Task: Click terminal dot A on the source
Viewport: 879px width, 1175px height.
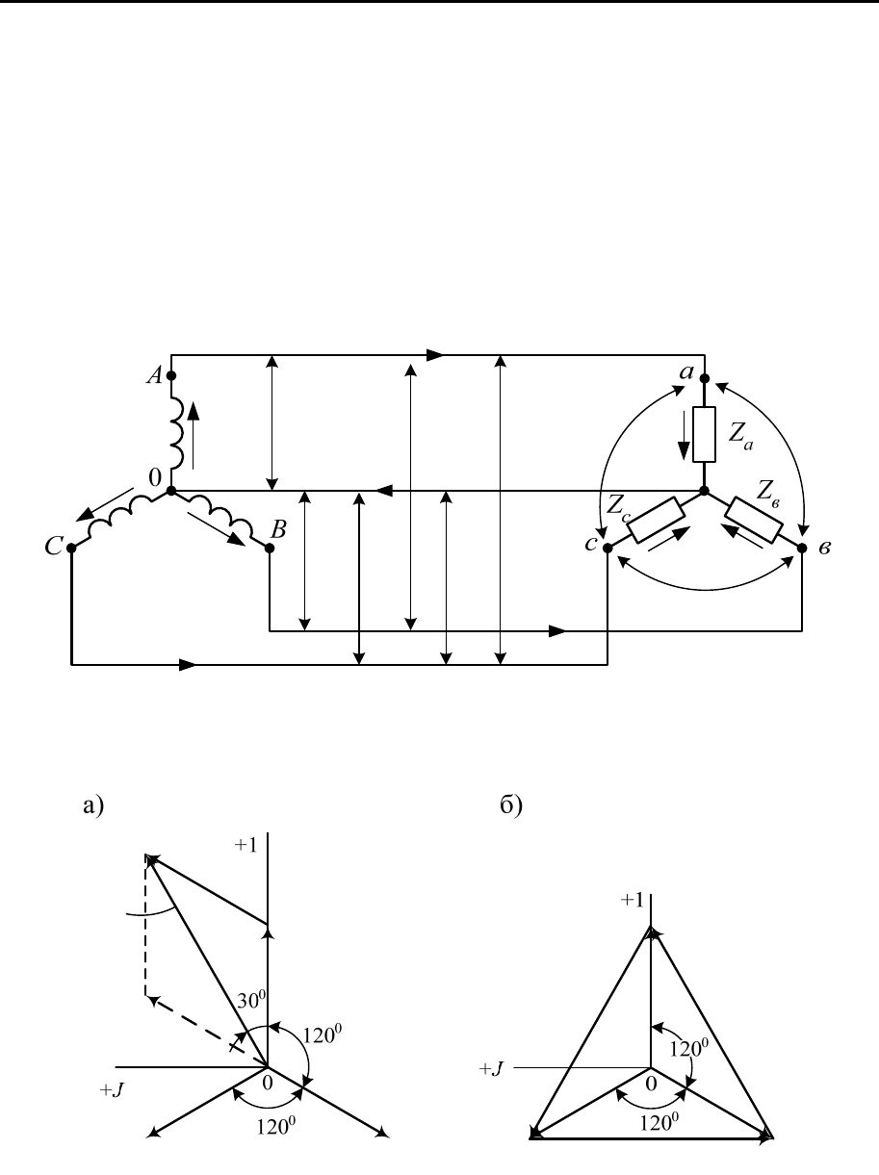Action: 171,375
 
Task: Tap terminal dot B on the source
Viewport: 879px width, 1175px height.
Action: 270,548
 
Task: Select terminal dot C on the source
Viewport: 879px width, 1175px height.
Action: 71,548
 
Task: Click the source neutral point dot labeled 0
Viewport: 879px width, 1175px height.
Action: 171,491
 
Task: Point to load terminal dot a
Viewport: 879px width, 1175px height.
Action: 705,378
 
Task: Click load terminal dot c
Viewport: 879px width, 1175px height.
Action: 608,548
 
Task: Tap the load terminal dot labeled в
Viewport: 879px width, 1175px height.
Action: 802,548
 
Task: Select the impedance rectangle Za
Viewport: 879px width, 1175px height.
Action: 705,434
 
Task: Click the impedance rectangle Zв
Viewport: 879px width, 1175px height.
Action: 754,520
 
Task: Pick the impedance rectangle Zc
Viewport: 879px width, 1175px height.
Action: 656,520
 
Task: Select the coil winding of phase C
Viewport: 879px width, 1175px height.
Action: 121,517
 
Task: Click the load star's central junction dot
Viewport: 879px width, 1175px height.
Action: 705,491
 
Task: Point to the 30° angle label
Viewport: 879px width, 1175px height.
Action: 251,1000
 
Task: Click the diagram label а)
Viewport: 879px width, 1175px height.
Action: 93,805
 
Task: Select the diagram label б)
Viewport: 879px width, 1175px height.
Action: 511,805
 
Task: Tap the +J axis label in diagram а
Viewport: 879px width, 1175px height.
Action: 112,1090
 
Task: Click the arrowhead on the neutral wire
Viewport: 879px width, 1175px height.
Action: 383,491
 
